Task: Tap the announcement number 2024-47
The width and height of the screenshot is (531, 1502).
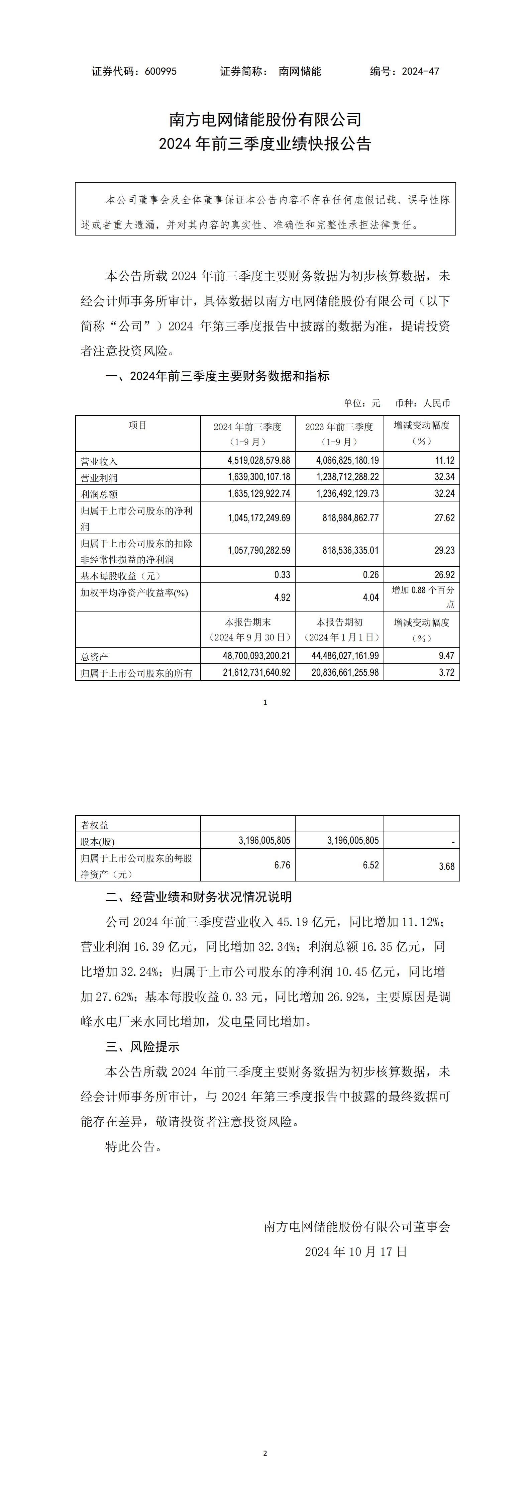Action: point(421,71)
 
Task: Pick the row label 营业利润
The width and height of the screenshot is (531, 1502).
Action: point(99,478)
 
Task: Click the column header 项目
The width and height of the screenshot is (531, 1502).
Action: point(138,426)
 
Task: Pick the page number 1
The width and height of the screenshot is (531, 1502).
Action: point(265,702)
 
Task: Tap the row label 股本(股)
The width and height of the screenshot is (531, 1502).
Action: point(98,841)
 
